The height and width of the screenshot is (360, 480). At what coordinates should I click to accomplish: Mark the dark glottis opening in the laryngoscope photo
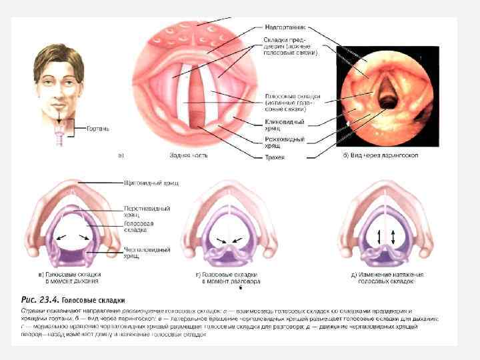[385, 99]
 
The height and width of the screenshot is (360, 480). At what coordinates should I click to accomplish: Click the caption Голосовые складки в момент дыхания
[72, 278]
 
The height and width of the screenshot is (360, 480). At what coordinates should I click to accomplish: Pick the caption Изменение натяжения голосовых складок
[387, 278]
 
